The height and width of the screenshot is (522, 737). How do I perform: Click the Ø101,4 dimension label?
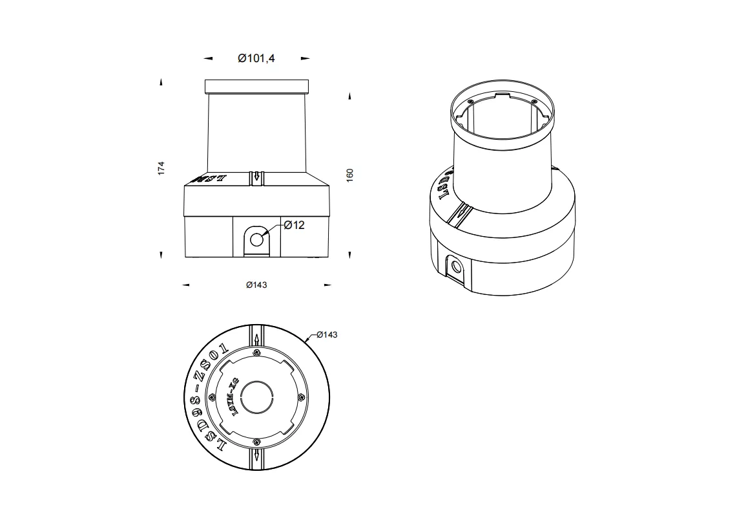tap(256, 58)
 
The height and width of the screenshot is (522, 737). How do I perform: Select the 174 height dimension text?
tap(161, 168)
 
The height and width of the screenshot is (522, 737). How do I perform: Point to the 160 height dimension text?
tap(350, 175)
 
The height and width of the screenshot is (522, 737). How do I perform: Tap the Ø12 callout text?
tap(294, 225)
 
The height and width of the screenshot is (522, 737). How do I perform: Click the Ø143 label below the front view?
tap(256, 285)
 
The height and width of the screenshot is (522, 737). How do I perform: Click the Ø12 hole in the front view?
tap(257, 239)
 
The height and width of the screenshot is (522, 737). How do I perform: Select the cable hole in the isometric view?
tap(457, 266)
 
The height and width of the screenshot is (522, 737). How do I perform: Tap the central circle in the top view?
tap(257, 396)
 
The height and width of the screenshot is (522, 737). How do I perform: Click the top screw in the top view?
tap(257, 352)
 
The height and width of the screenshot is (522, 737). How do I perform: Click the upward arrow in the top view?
tap(257, 338)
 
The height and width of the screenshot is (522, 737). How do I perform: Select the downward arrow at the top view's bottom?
tap(257, 455)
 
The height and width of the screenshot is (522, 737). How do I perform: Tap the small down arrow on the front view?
tap(257, 175)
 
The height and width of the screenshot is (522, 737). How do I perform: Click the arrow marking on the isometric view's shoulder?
tap(461, 212)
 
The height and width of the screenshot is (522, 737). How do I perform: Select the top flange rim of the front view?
tap(257, 86)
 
